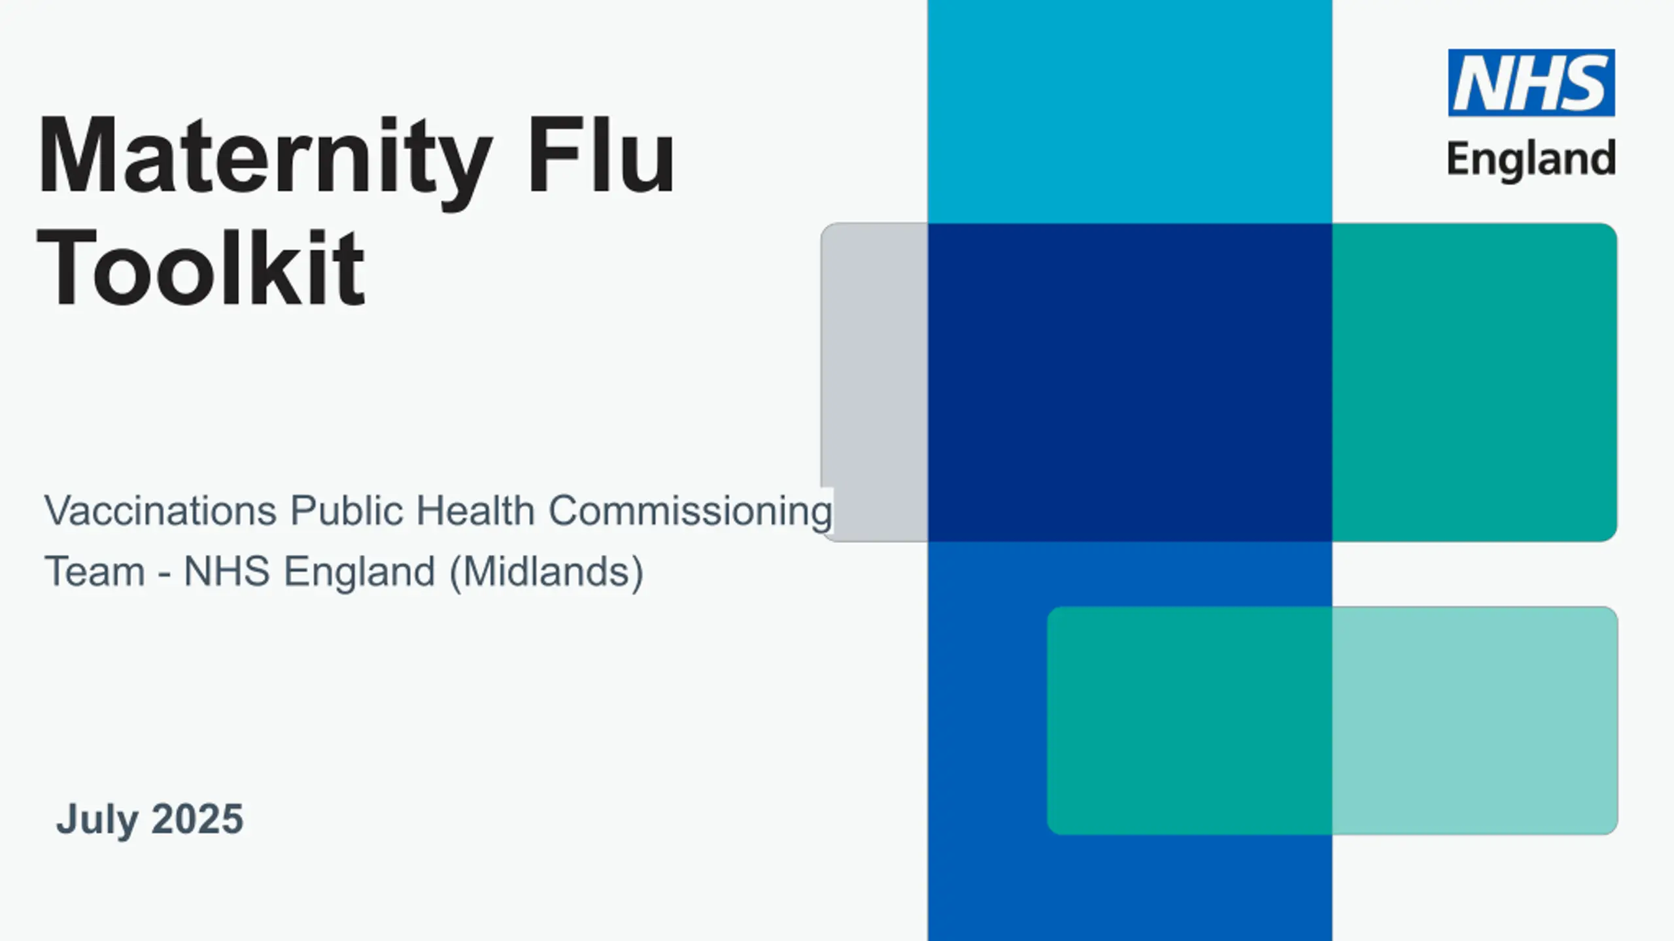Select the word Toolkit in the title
click(201, 268)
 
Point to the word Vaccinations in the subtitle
click(160, 510)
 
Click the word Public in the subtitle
click(347, 510)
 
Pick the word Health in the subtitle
click(475, 510)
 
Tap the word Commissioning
click(690, 512)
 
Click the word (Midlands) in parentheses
click(547, 572)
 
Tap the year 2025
click(197, 819)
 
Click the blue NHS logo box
click(1531, 83)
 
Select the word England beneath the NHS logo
click(1531, 159)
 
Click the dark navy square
click(1130, 382)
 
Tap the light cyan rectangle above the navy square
click(1130, 112)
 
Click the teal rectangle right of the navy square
click(1475, 382)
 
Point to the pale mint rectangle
click(1475, 721)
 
